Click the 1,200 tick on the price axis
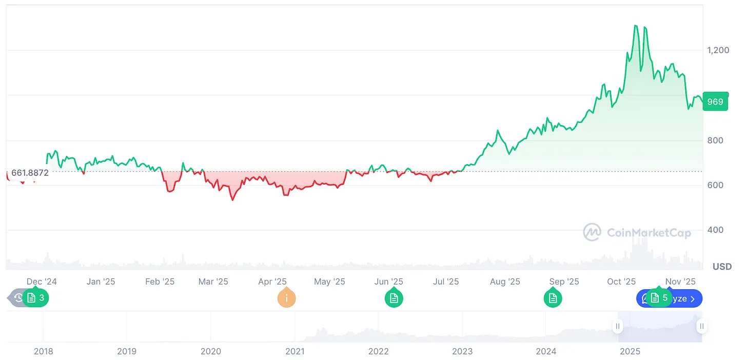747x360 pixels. click(718, 50)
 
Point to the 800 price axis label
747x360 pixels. click(715, 141)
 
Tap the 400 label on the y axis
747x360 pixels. click(715, 230)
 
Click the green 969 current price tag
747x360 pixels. click(715, 102)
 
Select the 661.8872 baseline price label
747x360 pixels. click(30, 173)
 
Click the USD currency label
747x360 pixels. click(722, 267)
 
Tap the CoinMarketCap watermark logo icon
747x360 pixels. click(592, 232)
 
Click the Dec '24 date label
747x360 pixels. click(42, 282)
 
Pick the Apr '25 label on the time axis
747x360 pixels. click(272, 282)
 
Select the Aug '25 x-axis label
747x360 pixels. click(505, 282)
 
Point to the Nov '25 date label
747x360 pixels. click(680, 282)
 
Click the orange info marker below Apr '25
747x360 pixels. click(286, 298)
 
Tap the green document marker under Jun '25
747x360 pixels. click(394, 298)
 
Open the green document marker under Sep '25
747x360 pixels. click(553, 298)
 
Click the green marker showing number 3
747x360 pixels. click(35, 298)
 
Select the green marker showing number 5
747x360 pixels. click(659, 298)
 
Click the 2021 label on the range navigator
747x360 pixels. click(294, 351)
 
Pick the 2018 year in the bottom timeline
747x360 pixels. click(43, 351)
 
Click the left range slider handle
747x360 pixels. click(618, 326)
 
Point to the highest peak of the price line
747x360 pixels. click(636, 25)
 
